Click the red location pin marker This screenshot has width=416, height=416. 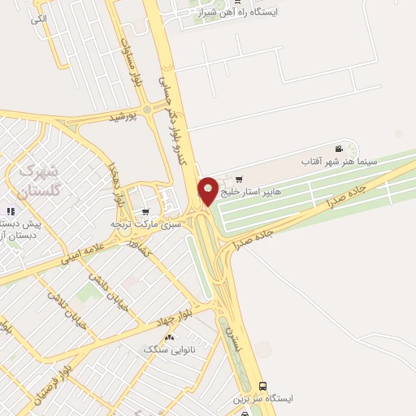click(208, 191)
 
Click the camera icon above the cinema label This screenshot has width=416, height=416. click(338, 149)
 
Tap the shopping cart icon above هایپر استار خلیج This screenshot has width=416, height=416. click(238, 179)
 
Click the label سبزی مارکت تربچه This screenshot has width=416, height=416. click(145, 222)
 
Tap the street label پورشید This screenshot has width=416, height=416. click(128, 117)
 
